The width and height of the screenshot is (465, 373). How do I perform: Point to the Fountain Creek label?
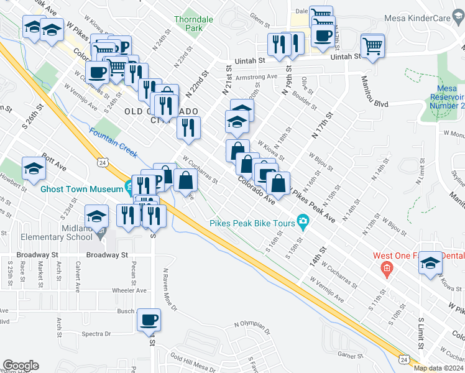(x=113, y=141)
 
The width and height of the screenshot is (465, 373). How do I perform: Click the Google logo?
(x=21, y=366)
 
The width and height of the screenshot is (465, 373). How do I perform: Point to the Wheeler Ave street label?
(x=129, y=290)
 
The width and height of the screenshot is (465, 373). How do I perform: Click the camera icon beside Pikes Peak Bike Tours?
(x=303, y=221)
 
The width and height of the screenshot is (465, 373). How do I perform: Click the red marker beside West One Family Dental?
(x=386, y=269)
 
